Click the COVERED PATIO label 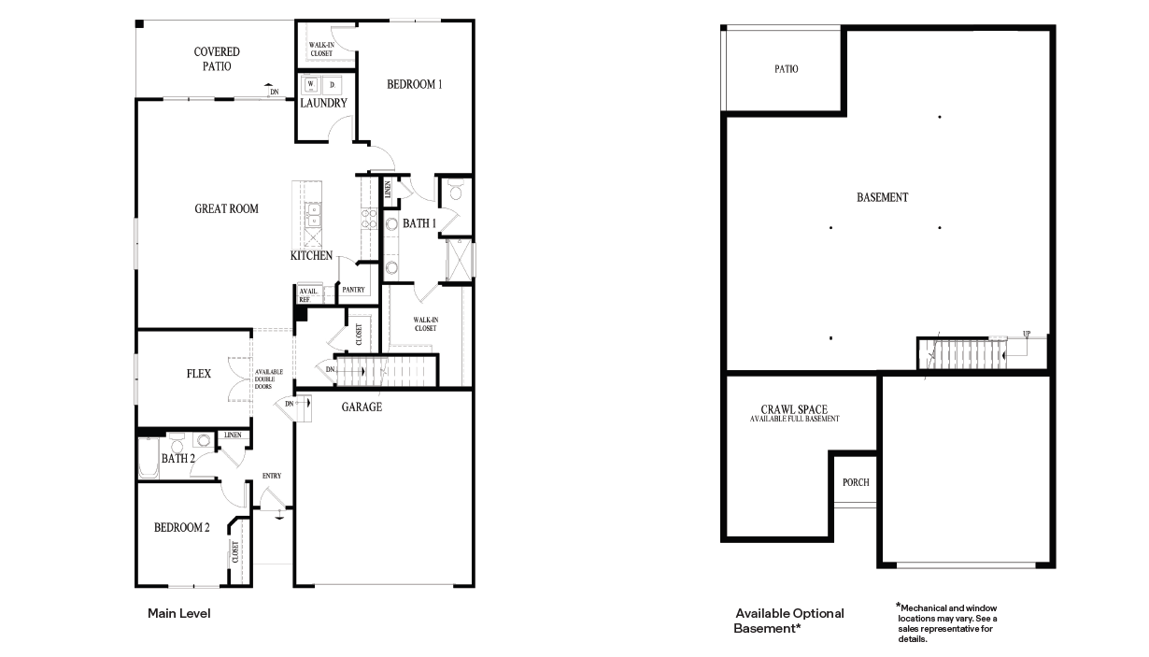pos(217,59)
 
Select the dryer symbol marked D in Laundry pos(332,84)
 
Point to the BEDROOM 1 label pos(414,84)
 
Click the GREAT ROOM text pos(226,208)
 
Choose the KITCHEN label pos(311,255)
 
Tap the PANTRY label pos(353,290)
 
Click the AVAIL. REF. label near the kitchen pos(307,295)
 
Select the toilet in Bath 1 pos(455,192)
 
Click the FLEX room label pos(198,374)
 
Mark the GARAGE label pos(362,407)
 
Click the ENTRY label pos(271,476)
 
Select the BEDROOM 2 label pos(181,527)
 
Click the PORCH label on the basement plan pos(855,482)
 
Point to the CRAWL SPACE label pos(794,410)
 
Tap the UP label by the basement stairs pos(1027,334)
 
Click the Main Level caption pos(178,614)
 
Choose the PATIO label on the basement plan pos(786,69)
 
